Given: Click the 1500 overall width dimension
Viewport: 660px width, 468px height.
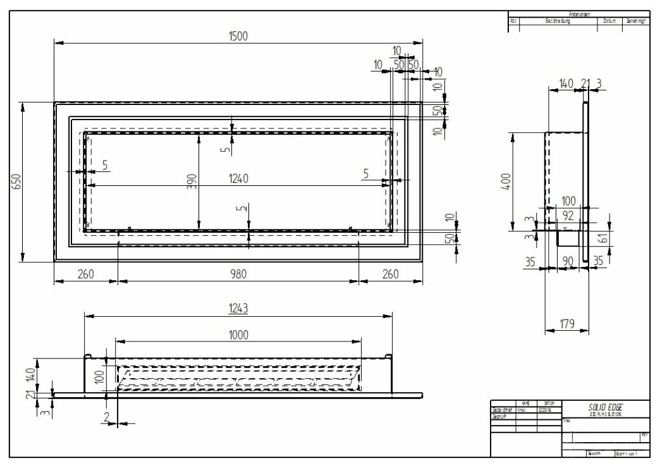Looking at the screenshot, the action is [238, 36].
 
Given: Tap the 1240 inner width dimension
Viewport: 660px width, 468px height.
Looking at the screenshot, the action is [238, 179].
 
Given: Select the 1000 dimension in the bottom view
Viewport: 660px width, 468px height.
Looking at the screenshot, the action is [238, 334].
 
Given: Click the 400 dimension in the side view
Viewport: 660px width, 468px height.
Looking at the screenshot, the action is [523, 183].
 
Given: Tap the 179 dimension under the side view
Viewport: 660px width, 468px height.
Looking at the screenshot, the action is [566, 324].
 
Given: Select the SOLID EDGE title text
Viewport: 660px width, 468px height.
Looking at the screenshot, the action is [600, 408].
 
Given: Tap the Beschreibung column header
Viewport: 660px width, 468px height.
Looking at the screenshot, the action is [558, 21].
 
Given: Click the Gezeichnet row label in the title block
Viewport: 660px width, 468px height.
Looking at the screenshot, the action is [503, 409].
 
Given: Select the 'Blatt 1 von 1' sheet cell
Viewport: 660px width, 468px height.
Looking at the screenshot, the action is [628, 453].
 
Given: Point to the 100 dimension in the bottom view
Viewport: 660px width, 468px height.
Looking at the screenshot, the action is [99, 378].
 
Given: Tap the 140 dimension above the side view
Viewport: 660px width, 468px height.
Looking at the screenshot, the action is [565, 83].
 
